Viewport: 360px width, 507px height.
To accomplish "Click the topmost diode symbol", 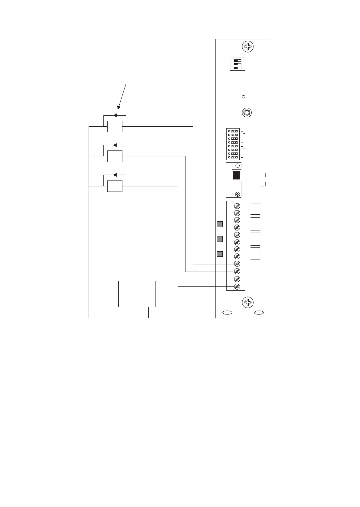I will click(115, 116).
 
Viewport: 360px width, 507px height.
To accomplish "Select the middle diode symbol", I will click(115, 145).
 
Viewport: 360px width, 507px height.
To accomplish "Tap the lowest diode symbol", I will click(115, 175).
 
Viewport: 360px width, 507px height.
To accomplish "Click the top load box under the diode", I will click(115, 127).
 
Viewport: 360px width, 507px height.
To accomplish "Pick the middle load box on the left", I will click(115, 156).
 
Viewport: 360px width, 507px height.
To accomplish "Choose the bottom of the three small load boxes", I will click(115, 186).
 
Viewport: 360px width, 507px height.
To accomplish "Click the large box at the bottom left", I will click(137, 294).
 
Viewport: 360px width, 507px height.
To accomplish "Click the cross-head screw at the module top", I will click(247, 47).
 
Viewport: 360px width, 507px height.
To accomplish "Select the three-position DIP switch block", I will click(237, 64).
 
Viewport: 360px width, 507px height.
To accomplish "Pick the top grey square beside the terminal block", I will click(220, 224).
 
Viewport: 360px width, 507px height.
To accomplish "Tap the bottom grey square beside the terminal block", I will click(220, 254).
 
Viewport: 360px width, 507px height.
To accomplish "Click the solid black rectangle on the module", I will click(236, 175).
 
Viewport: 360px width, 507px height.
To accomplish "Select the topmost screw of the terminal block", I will click(237, 206).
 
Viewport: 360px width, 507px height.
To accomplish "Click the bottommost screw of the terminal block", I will click(237, 286).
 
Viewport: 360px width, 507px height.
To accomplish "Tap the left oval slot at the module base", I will click(227, 313).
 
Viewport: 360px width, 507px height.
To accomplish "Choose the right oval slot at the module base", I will click(259, 313).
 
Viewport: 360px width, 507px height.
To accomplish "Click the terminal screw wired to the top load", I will click(237, 264).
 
